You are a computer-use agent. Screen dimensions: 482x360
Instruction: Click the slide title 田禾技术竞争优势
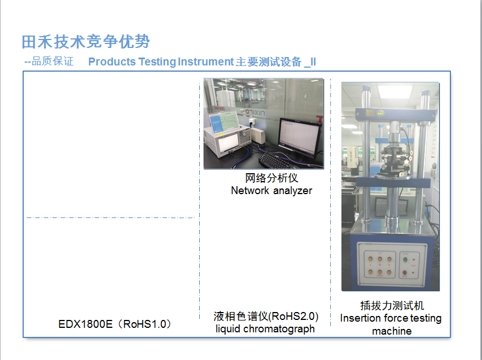85,42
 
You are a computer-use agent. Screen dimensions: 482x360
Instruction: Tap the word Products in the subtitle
112,62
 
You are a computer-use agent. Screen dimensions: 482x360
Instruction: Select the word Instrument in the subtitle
205,62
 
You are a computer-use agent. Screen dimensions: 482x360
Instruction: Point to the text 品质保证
52,61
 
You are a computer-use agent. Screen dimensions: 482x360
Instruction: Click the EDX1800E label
85,324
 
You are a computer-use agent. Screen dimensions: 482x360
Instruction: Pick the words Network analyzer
271,191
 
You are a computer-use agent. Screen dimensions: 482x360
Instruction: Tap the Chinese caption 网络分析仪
271,178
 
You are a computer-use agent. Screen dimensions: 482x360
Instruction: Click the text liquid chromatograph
265,329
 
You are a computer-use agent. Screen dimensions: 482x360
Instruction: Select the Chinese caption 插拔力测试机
392,305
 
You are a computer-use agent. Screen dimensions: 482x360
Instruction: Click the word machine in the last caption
392,331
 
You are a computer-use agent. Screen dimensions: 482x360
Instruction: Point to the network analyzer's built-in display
228,143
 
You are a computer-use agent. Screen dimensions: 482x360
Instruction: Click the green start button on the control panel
405,260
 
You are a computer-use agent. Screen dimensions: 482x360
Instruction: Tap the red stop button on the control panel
405,273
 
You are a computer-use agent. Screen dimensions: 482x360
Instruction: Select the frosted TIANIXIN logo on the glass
253,112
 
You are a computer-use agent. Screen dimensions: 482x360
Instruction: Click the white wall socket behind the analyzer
252,122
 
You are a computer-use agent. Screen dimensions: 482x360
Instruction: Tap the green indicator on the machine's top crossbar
380,113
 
